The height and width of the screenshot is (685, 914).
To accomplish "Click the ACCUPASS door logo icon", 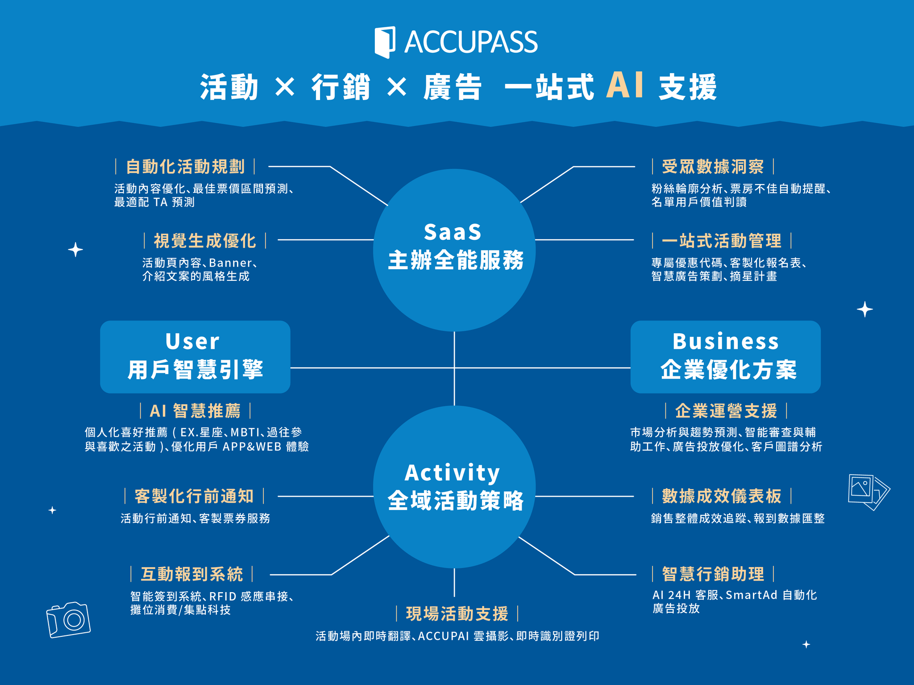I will pyautogui.click(x=385, y=42).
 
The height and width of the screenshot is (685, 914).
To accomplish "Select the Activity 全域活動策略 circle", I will pyautogui.click(x=454, y=487).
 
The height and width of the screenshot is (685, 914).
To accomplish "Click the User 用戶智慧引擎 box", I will pyautogui.click(x=195, y=357).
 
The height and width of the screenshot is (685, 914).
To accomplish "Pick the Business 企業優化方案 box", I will pyautogui.click(x=725, y=357).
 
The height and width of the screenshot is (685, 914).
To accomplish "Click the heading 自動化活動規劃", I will pyautogui.click(x=185, y=167).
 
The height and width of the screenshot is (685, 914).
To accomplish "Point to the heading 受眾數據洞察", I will pyautogui.click(x=713, y=167).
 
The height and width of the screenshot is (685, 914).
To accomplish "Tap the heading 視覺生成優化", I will pyautogui.click(x=205, y=241).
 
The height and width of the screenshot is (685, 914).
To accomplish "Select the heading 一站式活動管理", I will pyautogui.click(x=721, y=241).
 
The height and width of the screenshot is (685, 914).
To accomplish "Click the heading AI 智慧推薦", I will pyautogui.click(x=195, y=410).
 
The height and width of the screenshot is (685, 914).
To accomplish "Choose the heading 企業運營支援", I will pyautogui.click(x=726, y=410).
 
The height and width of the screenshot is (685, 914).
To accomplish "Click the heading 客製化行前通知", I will pyautogui.click(x=194, y=496).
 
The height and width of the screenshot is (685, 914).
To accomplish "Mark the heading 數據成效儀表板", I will pyautogui.click(x=721, y=496).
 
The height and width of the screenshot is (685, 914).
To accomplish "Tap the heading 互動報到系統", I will pyautogui.click(x=192, y=574).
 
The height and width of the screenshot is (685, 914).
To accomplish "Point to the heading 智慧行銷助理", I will pyautogui.click(x=713, y=574).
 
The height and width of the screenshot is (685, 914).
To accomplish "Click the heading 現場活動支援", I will pyautogui.click(x=457, y=614).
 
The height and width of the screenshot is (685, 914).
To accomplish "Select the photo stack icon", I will pyautogui.click(x=868, y=491).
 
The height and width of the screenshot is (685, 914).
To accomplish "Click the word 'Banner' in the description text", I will pyautogui.click(x=230, y=263).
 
